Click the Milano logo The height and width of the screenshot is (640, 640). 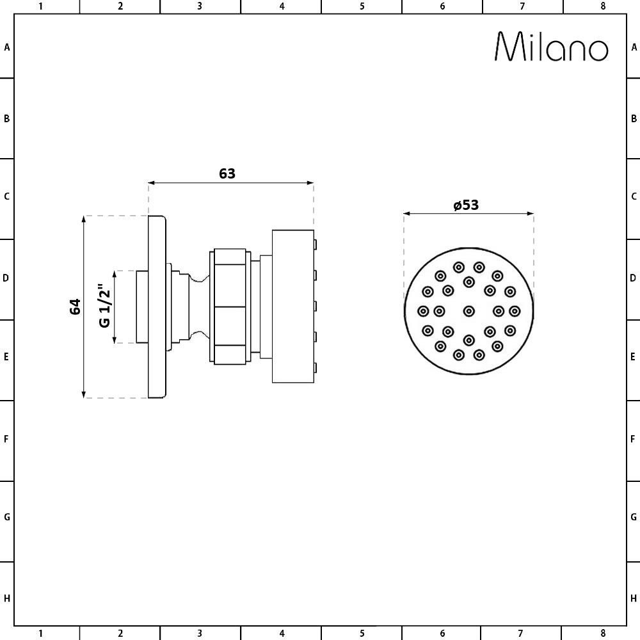pos(552,47)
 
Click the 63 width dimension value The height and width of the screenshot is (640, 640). pos(227,174)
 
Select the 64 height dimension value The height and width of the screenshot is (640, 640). pos(75,307)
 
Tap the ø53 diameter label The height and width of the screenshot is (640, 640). pos(466,205)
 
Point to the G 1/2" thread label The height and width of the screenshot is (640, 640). pos(105,306)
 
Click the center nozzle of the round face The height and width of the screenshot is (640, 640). pos(469,311)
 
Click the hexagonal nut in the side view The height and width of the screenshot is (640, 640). pos(230,306)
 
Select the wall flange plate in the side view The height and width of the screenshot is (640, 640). pos(157,307)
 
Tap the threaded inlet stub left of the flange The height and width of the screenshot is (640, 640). pos(142,307)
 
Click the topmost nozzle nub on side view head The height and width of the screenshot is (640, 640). pos(315,244)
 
